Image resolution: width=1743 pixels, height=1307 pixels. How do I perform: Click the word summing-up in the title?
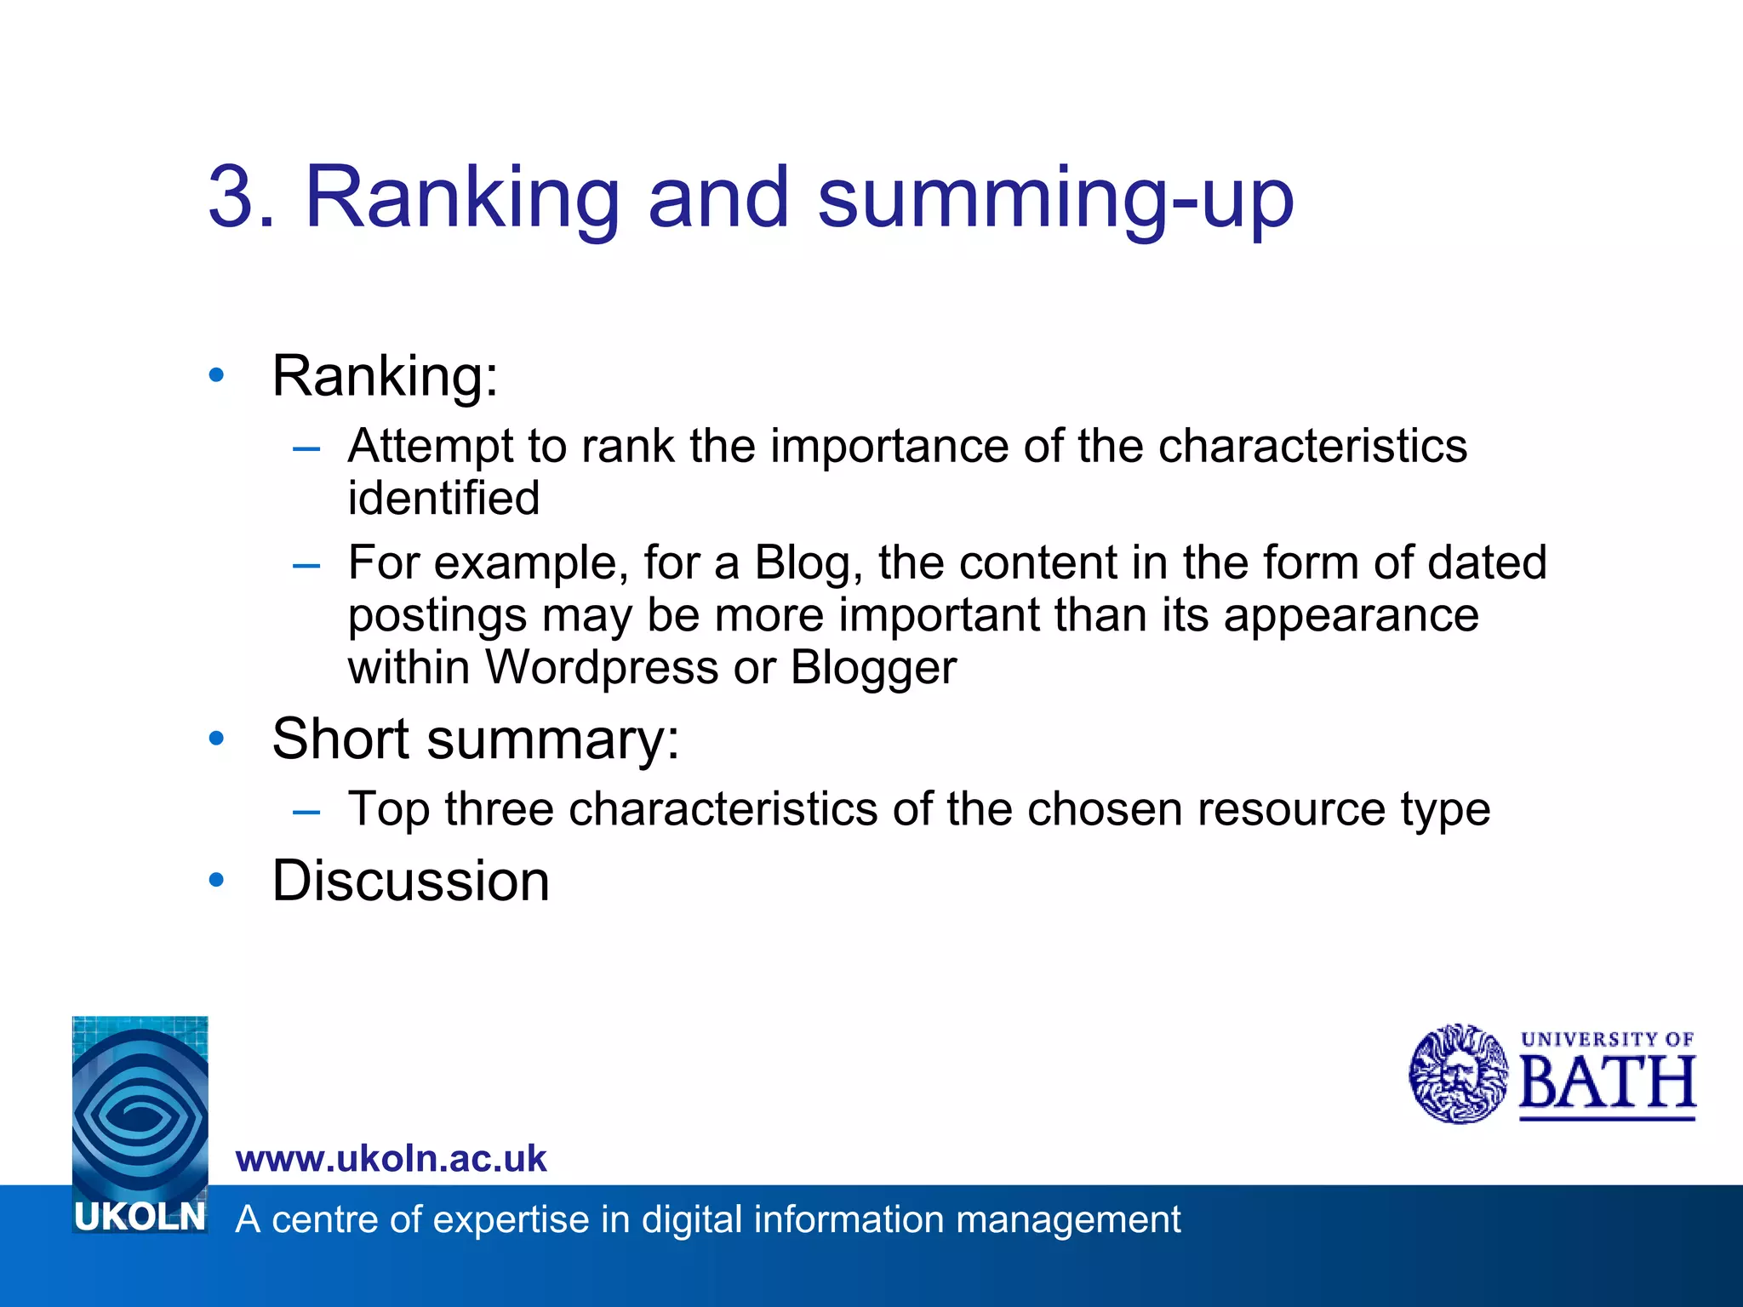point(1055,199)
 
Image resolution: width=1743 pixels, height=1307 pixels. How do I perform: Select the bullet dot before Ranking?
point(217,374)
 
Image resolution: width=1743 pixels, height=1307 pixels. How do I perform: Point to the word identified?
point(443,498)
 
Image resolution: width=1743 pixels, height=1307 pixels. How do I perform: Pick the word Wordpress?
point(602,667)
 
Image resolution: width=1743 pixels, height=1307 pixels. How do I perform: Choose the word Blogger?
point(873,668)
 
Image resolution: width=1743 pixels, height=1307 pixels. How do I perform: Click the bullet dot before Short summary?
point(217,738)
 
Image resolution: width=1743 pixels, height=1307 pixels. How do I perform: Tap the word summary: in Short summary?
point(553,739)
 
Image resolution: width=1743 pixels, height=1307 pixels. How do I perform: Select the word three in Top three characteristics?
point(499,808)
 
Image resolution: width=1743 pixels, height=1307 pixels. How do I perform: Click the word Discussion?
point(410,880)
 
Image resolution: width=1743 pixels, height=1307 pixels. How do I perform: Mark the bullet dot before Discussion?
point(217,880)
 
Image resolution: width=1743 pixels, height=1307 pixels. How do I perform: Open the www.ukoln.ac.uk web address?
point(391,1159)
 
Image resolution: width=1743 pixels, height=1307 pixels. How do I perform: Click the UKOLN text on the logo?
point(140,1217)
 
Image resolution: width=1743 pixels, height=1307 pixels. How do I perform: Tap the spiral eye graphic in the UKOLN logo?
point(140,1106)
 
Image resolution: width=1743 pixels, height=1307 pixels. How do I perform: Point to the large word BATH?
point(1607,1083)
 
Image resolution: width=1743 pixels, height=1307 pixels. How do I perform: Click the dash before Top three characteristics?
point(306,811)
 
